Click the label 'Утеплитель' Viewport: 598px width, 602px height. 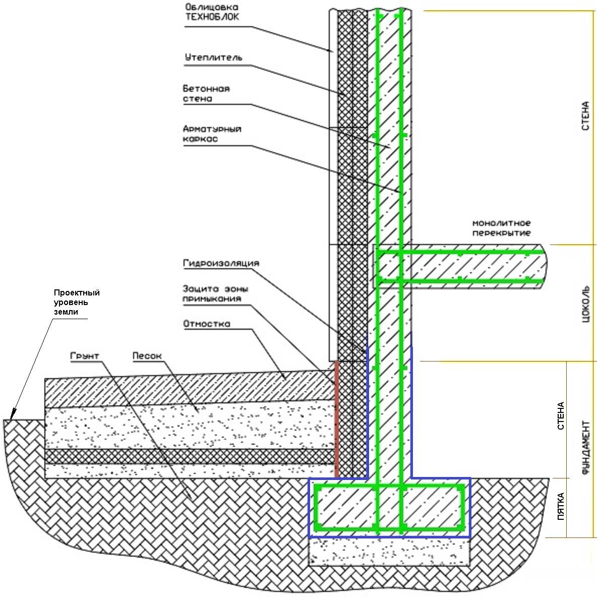213,57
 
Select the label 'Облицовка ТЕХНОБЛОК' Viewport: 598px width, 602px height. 212,12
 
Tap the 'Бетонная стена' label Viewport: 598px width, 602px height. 206,93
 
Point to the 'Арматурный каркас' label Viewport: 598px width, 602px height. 212,134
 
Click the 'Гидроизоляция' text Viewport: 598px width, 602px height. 221,263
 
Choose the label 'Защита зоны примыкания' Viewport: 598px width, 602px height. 215,293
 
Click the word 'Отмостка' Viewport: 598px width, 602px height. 207,324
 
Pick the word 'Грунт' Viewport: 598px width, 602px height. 85,356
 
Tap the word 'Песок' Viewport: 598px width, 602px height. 147,356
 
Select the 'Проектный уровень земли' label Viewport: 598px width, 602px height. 77,302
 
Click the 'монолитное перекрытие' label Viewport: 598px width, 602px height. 502,228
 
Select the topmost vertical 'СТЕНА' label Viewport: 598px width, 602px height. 585,116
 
